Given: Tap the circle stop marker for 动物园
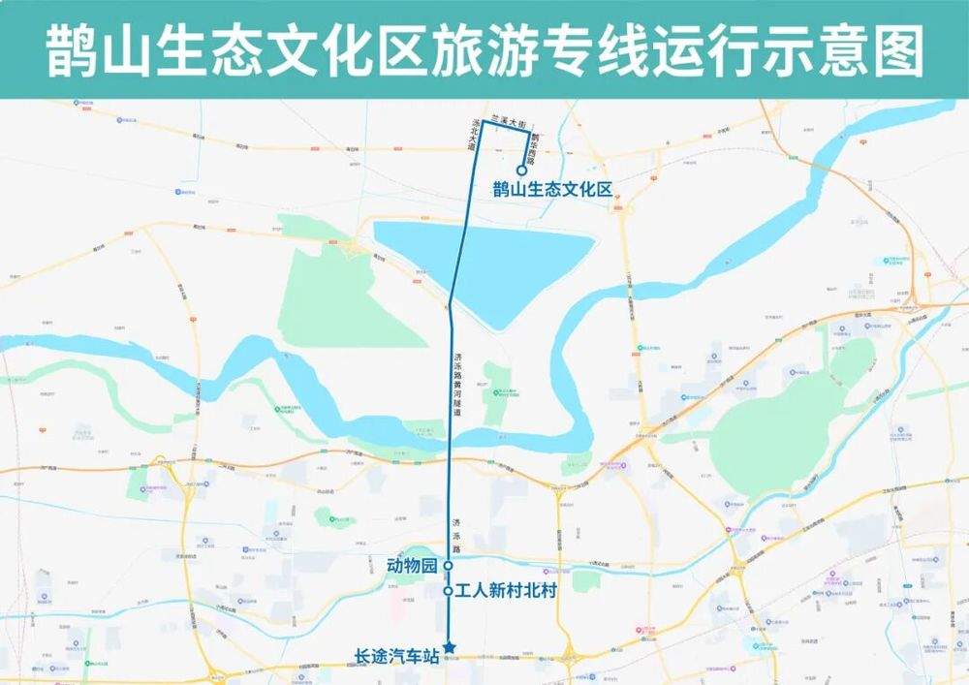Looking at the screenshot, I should click(448, 565).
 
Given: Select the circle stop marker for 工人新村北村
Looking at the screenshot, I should click(448, 591).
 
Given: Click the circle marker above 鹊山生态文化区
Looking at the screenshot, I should click(521, 171).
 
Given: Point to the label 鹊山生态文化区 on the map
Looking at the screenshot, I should click(553, 190).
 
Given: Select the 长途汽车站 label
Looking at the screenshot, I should click(397, 656).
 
